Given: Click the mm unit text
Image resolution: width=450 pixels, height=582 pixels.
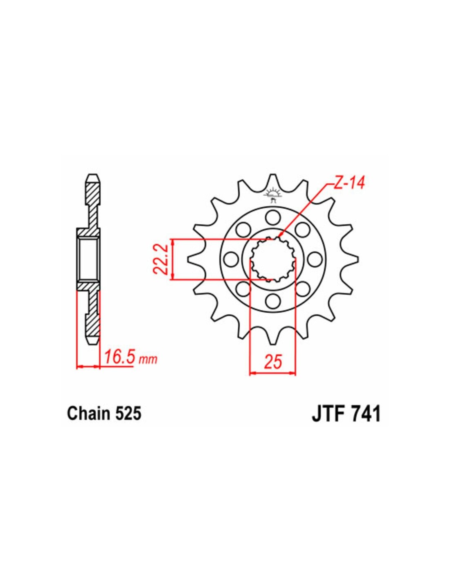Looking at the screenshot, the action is (148, 360).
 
